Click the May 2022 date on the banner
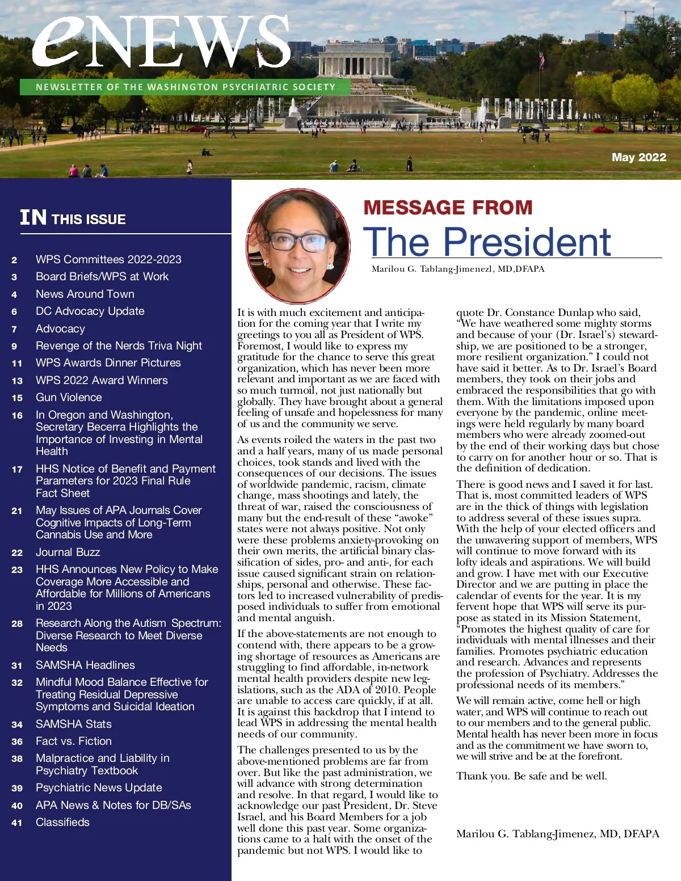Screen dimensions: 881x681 tap(638, 157)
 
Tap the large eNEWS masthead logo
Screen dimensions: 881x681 tap(162, 43)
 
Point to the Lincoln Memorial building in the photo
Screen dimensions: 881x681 tap(344, 61)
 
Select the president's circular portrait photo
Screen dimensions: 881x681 tap(299, 246)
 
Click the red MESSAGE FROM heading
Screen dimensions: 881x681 tap(448, 208)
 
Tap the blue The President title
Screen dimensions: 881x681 tap(487, 242)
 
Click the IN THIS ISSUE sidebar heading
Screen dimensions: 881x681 tap(73, 218)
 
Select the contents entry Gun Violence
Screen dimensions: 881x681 tap(69, 397)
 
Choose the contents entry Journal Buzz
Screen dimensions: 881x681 tap(68, 552)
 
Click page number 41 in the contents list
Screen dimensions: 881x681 tap(17, 823)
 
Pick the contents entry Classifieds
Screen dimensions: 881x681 tap(62, 822)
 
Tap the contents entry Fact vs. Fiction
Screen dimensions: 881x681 tap(74, 741)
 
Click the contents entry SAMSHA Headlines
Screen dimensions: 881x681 tap(85, 665)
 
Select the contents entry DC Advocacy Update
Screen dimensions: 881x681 tap(90, 311)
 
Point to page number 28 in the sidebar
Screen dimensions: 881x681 tap(17, 623)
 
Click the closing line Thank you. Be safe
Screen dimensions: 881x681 tap(531, 775)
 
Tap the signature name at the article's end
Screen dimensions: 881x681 tap(557, 833)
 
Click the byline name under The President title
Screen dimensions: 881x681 tap(457, 269)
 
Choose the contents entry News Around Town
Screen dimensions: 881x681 tap(85, 294)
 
